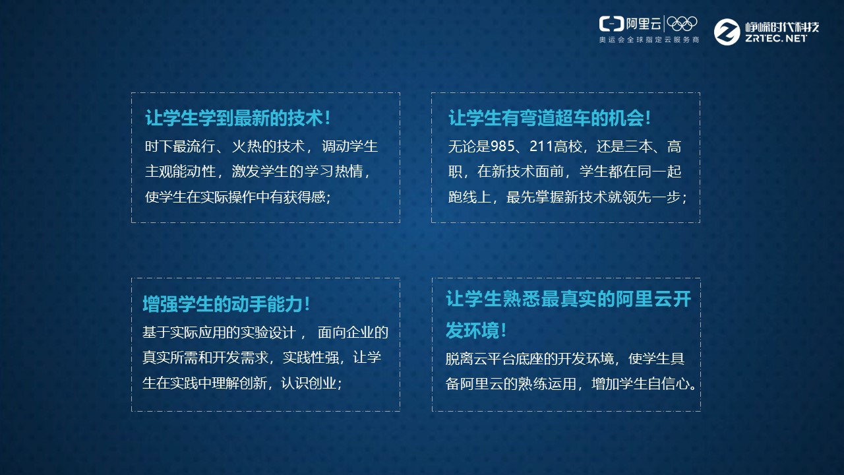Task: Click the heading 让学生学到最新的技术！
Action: tap(237, 119)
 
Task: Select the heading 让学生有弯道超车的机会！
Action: tap(550, 119)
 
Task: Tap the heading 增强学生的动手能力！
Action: tap(226, 304)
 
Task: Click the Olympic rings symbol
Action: tap(682, 24)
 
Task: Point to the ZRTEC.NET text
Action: tap(775, 39)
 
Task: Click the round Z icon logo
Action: tap(727, 32)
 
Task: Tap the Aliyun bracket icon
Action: tap(611, 24)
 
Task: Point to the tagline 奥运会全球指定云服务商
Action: tap(649, 40)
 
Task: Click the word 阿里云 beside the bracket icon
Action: tap(643, 24)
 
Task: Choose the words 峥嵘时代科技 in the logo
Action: tap(782, 26)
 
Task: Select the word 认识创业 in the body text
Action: tap(309, 383)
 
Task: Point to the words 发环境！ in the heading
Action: tap(476, 329)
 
